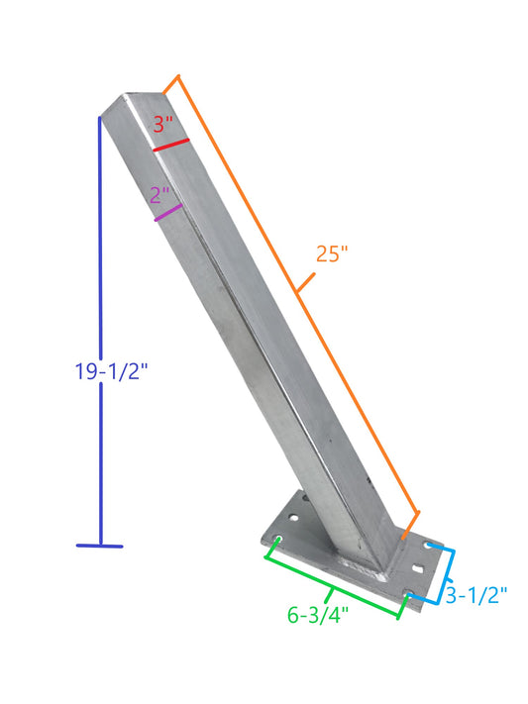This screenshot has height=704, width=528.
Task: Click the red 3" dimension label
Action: (162, 125)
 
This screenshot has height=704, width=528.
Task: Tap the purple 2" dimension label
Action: (160, 195)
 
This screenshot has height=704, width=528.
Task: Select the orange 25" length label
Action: (332, 253)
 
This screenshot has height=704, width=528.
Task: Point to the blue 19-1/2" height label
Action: (110, 372)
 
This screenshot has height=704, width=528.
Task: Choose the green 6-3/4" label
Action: (318, 615)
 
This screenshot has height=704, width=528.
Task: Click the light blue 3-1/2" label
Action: (475, 595)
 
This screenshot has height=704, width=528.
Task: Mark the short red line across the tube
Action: (171, 146)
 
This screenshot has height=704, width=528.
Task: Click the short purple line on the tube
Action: (168, 212)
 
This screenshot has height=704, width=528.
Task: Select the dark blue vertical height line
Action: (100, 297)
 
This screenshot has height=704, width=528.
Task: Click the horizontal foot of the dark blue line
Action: (100, 545)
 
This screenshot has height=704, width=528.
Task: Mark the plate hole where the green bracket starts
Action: (278, 540)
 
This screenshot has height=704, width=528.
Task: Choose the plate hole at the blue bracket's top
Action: (429, 546)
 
